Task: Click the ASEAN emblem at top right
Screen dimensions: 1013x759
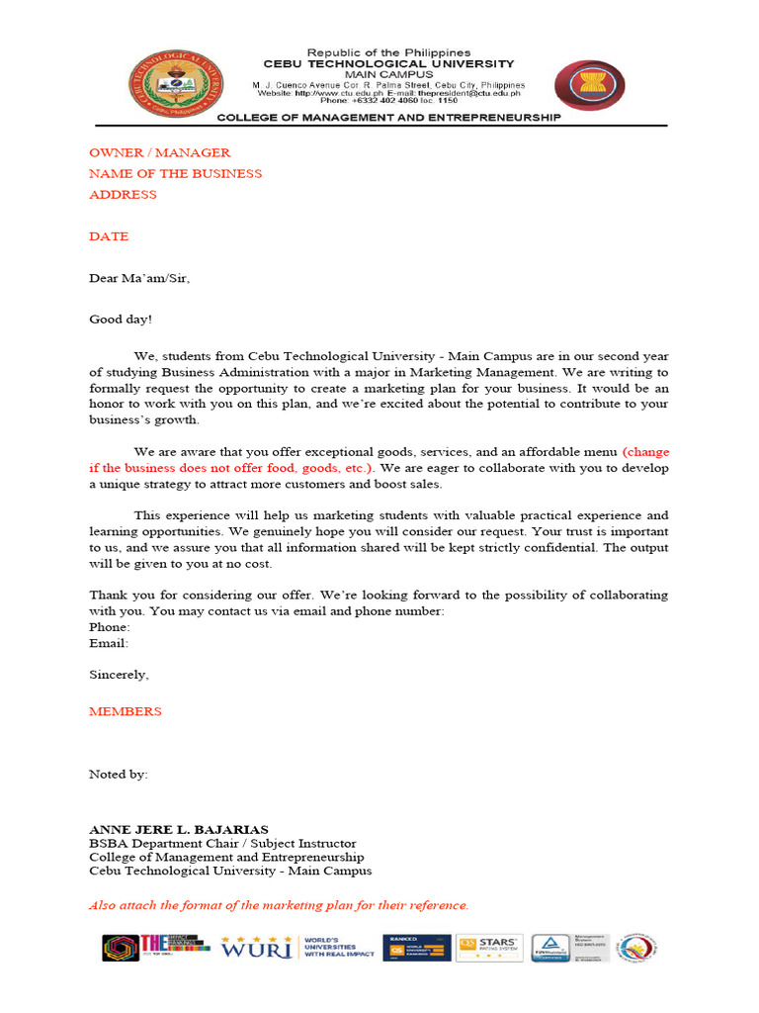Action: click(588, 84)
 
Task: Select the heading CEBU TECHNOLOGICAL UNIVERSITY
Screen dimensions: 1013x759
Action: click(388, 63)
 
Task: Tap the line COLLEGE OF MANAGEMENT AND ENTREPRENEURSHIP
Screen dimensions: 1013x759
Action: click(388, 117)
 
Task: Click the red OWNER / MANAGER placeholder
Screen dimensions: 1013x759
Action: click(159, 152)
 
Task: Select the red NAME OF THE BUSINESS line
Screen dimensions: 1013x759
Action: click(175, 173)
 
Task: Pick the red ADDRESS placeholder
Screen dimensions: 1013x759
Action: click(123, 194)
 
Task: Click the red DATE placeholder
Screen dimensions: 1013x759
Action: click(109, 236)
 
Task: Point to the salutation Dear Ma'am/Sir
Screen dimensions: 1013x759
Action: click(138, 278)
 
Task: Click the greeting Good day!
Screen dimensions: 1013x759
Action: click(121, 320)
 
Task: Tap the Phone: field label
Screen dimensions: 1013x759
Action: click(109, 627)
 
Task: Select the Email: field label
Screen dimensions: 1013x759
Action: click(108, 643)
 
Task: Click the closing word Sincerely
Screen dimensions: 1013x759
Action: click(119, 675)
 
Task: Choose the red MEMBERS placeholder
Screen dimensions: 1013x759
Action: click(126, 711)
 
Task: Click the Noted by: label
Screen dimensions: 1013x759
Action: click(119, 774)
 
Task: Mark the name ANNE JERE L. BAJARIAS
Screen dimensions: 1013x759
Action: click(178, 829)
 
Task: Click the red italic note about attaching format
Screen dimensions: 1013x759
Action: click(279, 905)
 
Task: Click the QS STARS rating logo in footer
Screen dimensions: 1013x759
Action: click(487, 948)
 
